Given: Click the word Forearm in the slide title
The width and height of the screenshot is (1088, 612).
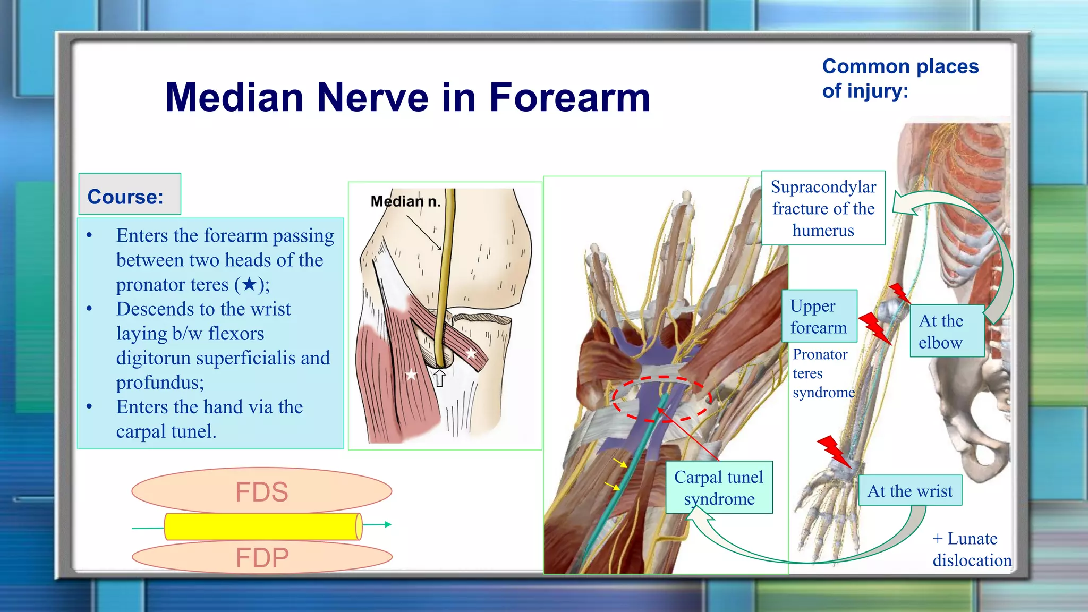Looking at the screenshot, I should (569, 98).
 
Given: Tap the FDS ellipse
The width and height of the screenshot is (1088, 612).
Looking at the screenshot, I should (261, 491).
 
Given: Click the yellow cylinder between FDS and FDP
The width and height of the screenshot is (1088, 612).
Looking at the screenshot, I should (262, 526).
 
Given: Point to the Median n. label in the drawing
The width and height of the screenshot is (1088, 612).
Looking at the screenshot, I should (405, 201).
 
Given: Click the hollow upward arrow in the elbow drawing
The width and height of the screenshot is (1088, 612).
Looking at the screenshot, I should (439, 378).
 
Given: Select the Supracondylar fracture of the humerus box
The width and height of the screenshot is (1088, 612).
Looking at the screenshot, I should (823, 208).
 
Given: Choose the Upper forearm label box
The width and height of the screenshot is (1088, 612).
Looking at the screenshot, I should (819, 317).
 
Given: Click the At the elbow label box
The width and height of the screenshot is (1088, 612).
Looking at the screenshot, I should (946, 331).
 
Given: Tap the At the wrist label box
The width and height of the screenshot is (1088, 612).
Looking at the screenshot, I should (909, 490).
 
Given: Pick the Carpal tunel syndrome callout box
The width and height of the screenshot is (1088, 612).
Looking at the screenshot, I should (719, 488).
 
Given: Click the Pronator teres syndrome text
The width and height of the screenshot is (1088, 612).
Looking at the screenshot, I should (822, 373).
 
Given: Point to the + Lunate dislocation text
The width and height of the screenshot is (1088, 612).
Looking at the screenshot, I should (971, 549).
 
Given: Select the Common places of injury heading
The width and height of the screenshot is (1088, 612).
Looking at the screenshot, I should (900, 78).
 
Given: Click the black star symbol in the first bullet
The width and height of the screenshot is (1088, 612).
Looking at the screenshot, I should (250, 284).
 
